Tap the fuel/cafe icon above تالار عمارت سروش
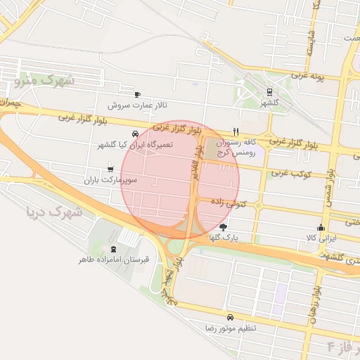pyautogui.click(x=137, y=94)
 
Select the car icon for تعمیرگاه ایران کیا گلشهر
pyautogui.click(x=134, y=134)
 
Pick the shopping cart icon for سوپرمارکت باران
pyautogui.click(x=110, y=169)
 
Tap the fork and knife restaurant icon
pyautogui.click(x=236, y=131)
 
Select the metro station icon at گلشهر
pyautogui.click(x=269, y=91)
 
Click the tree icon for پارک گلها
pyautogui.click(x=224, y=227)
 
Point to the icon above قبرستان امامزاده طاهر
pyautogui.click(x=115, y=249)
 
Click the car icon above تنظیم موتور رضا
pyautogui.click(x=230, y=317)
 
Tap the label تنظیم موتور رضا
pyautogui.click(x=231, y=328)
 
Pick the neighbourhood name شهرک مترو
pyautogui.click(x=44, y=79)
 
